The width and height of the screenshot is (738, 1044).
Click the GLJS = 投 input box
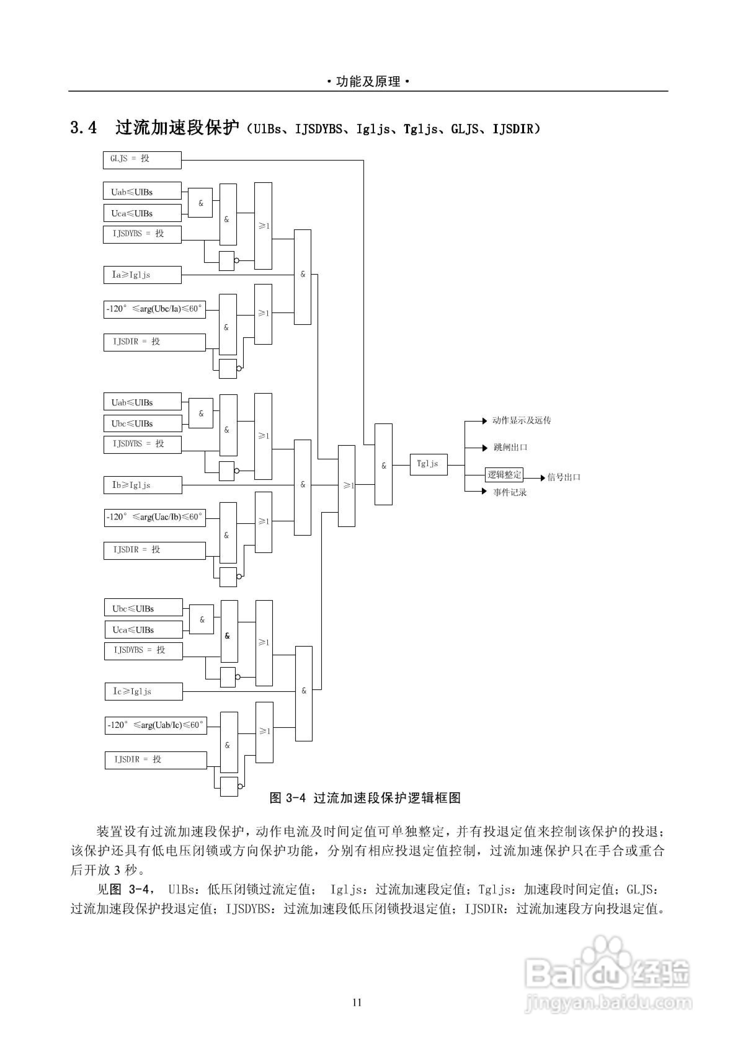point(142,160)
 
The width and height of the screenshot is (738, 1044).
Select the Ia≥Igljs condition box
point(142,275)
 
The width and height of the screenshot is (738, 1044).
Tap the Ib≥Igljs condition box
point(143,485)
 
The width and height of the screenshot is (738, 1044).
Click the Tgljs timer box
point(429,465)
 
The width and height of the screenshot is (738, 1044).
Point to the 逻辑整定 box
point(504,475)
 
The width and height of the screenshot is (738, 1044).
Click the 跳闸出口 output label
point(510,447)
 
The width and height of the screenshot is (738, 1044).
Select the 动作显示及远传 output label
point(522,421)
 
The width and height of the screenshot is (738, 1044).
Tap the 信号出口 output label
point(564,477)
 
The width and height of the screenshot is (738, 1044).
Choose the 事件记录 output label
point(510,493)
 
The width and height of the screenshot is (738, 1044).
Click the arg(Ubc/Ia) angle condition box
point(155,309)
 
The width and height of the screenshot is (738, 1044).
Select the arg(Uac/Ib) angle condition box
point(155,517)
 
